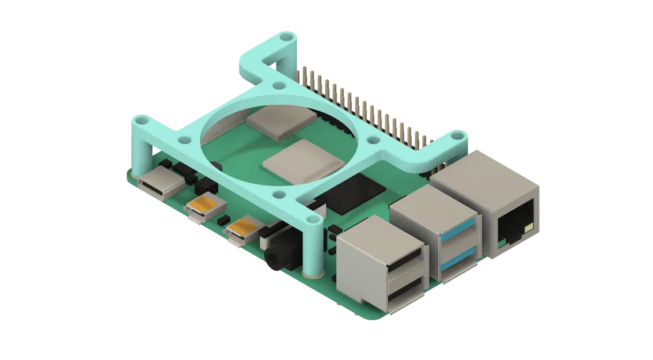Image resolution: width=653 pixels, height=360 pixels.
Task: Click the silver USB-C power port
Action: click(157, 185)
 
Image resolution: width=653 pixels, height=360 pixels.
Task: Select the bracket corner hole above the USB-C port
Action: click(139, 122)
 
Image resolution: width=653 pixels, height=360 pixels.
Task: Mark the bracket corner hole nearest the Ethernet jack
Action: click(458, 137)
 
